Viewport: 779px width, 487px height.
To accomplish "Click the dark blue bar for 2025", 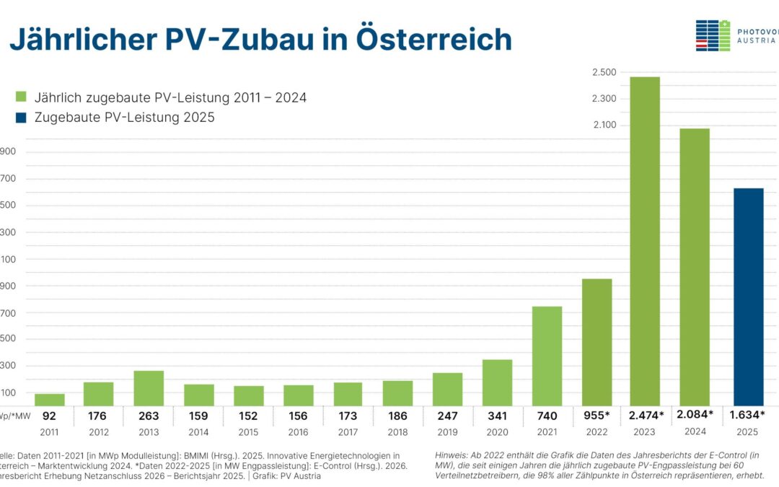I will (x=748, y=296).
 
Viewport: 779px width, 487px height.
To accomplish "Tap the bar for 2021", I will (x=547, y=356).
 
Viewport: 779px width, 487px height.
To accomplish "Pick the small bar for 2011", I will (x=50, y=399).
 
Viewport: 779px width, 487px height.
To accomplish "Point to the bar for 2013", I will (x=149, y=387).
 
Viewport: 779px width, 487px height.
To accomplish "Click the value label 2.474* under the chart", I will (x=646, y=415).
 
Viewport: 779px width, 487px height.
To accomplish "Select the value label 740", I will (x=547, y=416).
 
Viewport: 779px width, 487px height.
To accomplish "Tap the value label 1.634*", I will (x=748, y=415).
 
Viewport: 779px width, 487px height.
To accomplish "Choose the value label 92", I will (x=50, y=416).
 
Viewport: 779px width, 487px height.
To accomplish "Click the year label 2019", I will (x=447, y=432).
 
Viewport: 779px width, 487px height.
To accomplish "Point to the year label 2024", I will (x=695, y=432).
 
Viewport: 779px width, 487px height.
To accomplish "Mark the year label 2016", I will (x=298, y=432).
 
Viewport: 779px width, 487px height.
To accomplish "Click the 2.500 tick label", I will (x=604, y=72).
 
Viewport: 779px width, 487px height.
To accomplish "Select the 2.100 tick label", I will (x=604, y=126).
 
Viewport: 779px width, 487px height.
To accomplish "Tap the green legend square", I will (x=21, y=97).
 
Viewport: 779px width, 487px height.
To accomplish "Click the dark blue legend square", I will (x=21, y=117).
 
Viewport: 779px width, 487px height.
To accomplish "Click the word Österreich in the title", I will (x=433, y=40).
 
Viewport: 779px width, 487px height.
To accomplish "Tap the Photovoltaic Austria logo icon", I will (x=713, y=35).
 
